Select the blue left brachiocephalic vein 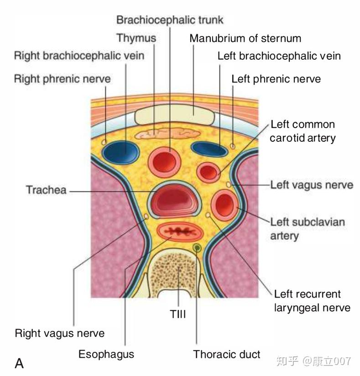[209, 149]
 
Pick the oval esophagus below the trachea [179, 232]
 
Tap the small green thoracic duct [197, 247]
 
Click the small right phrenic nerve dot [104, 142]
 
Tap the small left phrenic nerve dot [233, 146]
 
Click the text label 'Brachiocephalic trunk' [170, 20]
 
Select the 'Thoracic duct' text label [227, 354]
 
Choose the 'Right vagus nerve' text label [60, 333]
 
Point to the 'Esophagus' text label [106, 354]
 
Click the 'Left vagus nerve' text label [312, 185]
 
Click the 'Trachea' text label [46, 190]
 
